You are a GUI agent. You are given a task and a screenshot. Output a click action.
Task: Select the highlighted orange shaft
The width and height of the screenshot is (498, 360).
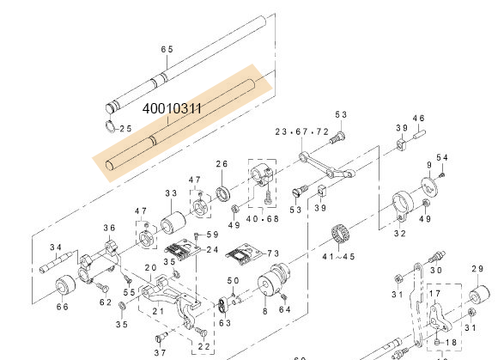pyautogui.click(x=180, y=120)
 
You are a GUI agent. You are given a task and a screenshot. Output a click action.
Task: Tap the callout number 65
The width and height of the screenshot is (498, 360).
pyautogui.click(x=167, y=50)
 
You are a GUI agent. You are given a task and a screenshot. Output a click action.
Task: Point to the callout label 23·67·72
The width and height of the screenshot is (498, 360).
pyautogui.click(x=301, y=131)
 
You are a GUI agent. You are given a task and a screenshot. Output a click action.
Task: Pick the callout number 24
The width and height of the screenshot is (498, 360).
pyautogui.click(x=212, y=250)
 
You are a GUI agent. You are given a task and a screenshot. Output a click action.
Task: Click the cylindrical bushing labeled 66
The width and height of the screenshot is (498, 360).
pyautogui.click(x=63, y=287)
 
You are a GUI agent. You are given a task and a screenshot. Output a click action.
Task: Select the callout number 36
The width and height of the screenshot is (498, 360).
pyautogui.click(x=109, y=228)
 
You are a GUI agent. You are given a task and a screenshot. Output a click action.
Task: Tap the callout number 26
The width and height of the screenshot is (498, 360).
pyautogui.click(x=222, y=164)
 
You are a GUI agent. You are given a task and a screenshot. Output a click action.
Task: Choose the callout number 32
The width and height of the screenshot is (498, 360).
pyautogui.click(x=400, y=233)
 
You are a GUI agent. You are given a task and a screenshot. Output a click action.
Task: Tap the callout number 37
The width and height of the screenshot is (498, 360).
pyautogui.click(x=160, y=352)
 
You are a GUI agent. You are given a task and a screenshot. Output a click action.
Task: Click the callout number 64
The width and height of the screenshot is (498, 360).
pyautogui.click(x=284, y=308)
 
